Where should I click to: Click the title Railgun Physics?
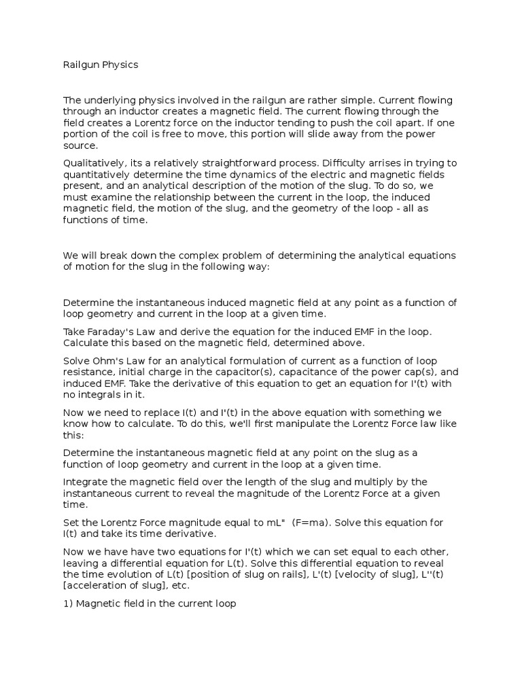(101, 65)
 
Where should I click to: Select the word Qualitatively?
(92, 162)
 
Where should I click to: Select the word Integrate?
(86, 482)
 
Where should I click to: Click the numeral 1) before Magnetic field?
(68, 603)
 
